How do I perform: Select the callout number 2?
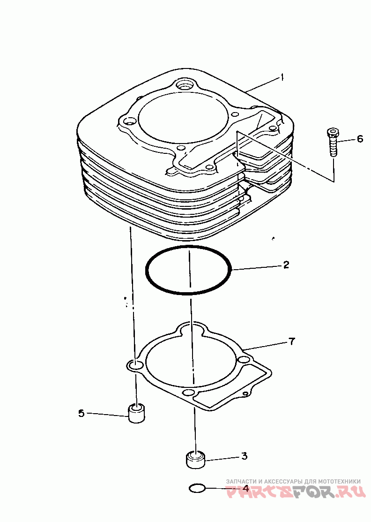click(x=286, y=265)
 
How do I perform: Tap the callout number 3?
click(x=244, y=455)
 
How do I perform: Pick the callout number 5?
click(x=81, y=413)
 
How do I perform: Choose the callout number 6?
click(x=359, y=139)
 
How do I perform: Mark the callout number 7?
click(x=291, y=341)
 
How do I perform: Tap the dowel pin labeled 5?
click(x=136, y=412)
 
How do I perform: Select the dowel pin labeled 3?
click(x=196, y=458)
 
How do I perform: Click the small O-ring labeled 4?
click(x=197, y=489)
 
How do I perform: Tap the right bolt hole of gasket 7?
click(x=242, y=360)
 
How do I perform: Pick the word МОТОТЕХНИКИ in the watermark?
click(x=339, y=481)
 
